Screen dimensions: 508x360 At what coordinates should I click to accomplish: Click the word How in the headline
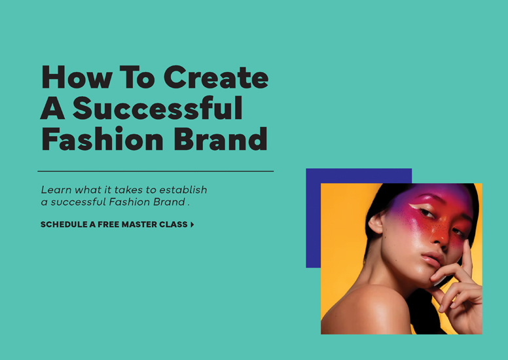coord(77,77)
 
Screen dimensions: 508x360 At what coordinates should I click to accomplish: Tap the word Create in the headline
coord(216,77)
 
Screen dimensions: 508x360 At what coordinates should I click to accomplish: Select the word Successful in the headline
coord(158,108)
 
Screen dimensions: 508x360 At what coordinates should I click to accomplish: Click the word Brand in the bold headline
coord(221,139)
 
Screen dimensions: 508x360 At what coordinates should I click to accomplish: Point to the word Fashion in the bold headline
coord(102,139)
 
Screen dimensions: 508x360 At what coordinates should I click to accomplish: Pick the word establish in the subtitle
coord(183,189)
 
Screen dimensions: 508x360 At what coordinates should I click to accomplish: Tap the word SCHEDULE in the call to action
coord(63,225)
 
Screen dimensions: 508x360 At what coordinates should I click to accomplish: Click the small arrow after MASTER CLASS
coord(192,225)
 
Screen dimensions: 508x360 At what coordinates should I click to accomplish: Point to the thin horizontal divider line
coord(156,171)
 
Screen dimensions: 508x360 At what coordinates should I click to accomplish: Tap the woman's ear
coord(376,224)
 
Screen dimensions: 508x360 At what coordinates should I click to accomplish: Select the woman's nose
coord(439,236)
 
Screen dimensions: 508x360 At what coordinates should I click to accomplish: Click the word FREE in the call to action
coord(109,225)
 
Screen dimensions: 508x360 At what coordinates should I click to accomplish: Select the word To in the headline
coord(137,77)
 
